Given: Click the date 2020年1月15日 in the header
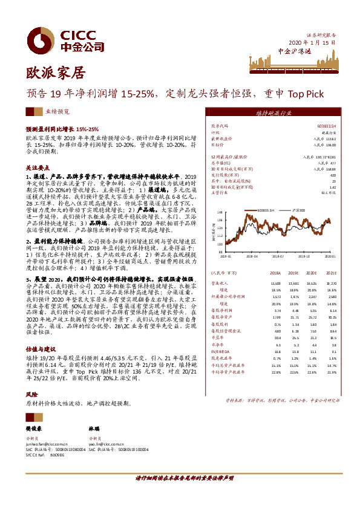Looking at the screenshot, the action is (x=311, y=43).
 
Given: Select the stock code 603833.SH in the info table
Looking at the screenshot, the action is (x=327, y=126).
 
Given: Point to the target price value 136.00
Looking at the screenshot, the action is (x=331, y=145).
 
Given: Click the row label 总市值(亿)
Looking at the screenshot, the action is (x=220, y=163).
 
